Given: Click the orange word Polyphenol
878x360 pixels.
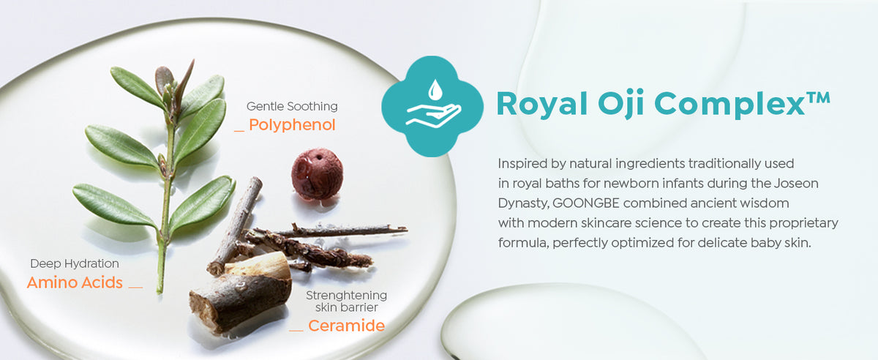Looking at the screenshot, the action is [292, 125].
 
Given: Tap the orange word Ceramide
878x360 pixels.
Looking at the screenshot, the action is [347, 326].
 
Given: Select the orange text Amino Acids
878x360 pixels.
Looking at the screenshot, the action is [75, 282].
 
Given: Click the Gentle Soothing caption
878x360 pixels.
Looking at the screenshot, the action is [292, 106].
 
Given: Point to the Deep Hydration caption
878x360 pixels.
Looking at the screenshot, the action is [75, 263].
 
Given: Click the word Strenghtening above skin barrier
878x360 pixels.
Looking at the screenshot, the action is [347, 296].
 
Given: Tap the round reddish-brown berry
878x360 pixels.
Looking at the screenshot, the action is [317, 173].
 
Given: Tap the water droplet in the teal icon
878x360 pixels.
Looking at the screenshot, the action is [435, 90].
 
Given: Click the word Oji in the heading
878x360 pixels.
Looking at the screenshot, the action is [621, 105].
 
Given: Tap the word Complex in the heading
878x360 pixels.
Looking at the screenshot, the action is [729, 105].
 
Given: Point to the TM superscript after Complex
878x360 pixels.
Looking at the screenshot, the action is [818, 97].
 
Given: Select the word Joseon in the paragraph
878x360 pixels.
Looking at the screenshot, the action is [796, 184].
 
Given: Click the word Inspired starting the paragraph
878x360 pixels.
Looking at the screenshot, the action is [522, 164].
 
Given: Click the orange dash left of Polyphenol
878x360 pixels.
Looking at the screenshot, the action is [239, 131].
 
